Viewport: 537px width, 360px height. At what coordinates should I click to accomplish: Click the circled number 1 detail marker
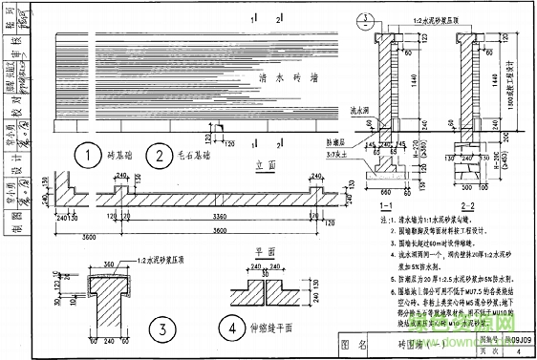89,155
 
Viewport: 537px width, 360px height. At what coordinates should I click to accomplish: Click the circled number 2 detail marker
154,155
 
